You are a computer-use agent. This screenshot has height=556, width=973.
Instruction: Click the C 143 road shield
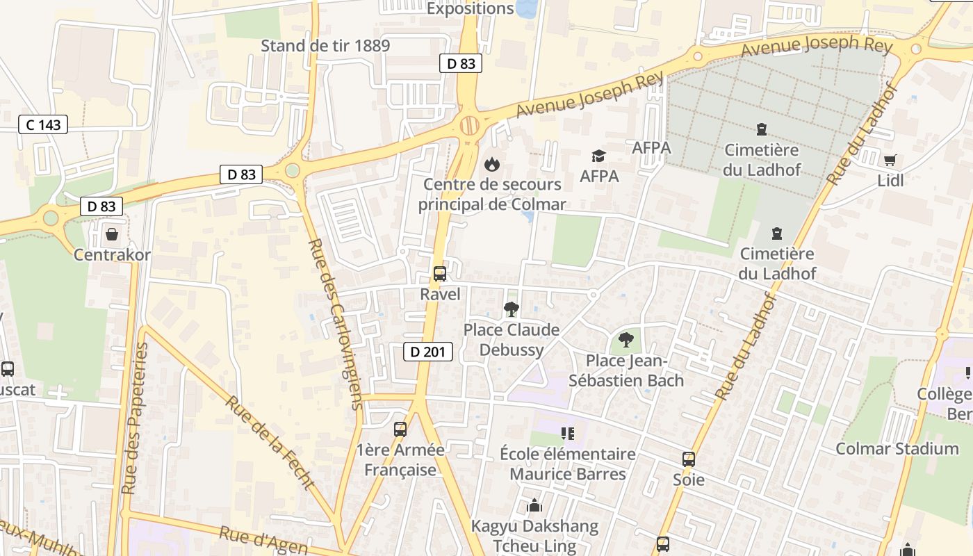[43, 125]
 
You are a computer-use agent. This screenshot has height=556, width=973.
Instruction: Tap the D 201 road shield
[428, 352]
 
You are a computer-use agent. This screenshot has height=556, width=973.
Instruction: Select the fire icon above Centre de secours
[491, 164]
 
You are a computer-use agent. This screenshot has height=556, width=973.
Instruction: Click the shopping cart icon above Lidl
[890, 161]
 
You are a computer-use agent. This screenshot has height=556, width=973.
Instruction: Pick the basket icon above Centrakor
[111, 234]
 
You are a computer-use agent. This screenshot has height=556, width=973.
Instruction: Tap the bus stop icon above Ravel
[439, 273]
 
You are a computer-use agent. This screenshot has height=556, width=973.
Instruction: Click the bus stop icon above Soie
[688, 459]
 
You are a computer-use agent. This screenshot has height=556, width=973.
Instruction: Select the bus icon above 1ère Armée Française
[400, 429]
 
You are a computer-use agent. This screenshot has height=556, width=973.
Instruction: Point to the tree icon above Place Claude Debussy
[512, 309]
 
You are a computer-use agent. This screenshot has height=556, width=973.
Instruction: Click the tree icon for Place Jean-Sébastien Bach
[625, 340]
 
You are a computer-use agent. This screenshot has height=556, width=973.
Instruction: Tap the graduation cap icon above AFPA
[598, 156]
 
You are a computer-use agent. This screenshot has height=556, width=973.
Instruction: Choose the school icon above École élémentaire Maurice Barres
[567, 434]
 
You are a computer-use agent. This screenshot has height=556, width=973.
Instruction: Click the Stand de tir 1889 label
[325, 46]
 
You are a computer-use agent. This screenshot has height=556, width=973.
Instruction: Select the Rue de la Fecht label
[270, 442]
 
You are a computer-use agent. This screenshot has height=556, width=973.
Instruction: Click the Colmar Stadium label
[897, 448]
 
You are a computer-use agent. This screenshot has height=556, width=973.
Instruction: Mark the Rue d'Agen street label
[263, 541]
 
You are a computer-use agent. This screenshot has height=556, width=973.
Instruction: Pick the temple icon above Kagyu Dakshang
[534, 505]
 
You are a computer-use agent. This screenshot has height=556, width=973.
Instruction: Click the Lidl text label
[890, 180]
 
